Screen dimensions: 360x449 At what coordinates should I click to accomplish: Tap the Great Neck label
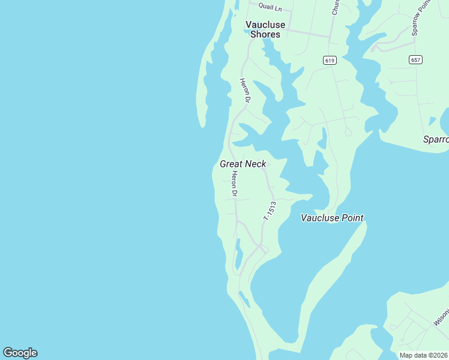(243, 164)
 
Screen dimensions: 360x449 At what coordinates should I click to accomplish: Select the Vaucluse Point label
(332, 218)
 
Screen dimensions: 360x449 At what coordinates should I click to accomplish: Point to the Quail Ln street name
(270, 6)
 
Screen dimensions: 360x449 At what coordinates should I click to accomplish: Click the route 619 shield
(329, 60)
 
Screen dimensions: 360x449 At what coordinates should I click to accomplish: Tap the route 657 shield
(416, 59)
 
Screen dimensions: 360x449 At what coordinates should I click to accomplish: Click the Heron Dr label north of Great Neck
(245, 90)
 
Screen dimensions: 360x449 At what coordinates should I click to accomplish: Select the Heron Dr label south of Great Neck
(235, 184)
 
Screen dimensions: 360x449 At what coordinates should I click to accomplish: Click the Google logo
(20, 353)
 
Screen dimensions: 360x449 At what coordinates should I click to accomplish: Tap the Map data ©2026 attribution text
(423, 355)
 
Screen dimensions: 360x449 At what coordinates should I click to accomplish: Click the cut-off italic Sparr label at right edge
(436, 139)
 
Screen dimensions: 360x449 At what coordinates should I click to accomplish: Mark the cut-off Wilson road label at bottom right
(441, 318)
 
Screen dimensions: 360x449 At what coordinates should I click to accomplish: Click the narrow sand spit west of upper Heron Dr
(202, 90)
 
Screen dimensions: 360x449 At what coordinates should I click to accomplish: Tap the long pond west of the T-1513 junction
(238, 254)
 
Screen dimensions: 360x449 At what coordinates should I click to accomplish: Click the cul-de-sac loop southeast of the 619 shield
(349, 132)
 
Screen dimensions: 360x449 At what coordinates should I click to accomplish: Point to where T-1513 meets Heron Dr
(259, 245)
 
